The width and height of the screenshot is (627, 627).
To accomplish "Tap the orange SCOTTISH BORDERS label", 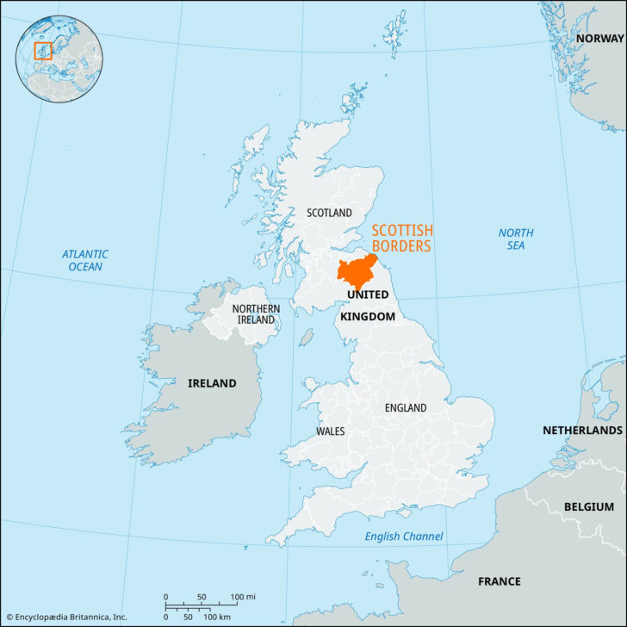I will tap(402, 239).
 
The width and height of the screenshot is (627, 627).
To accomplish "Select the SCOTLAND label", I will tap(330, 213).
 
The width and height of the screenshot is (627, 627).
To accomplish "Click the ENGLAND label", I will tap(406, 407).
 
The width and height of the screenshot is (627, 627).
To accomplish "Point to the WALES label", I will tap(331, 431).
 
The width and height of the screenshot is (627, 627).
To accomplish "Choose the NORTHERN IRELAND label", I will tap(256, 314).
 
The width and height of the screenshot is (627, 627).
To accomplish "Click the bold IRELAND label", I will tap(212, 383).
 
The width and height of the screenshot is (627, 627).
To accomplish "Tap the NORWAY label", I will tap(600, 39).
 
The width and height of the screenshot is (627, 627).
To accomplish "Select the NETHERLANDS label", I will tap(582, 430).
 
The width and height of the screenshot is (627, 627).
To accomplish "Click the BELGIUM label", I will tap(589, 506).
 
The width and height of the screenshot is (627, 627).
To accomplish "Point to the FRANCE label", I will tap(500, 581).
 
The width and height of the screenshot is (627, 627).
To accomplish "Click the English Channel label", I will tap(404, 537).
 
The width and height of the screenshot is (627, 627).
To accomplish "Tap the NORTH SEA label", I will tap(516, 239).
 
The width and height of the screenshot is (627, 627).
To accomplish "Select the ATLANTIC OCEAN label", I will tap(84, 260).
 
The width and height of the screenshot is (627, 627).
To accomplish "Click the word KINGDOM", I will tap(367, 317).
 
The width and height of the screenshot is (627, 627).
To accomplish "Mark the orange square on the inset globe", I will tap(43, 51).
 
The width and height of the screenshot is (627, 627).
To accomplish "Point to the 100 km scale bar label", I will tap(216, 618).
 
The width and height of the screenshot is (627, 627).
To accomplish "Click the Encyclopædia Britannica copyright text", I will tap(66, 618).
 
